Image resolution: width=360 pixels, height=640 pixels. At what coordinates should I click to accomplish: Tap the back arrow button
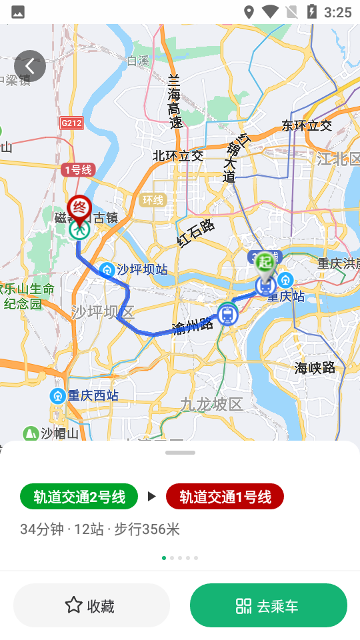[30, 66]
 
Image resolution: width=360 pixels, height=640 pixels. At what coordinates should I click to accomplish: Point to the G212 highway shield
[71, 123]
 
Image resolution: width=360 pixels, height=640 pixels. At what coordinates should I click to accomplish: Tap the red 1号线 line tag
[78, 169]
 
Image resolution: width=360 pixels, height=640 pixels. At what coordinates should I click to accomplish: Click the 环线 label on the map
[153, 200]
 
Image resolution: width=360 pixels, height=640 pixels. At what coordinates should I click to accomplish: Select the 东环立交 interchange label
[307, 125]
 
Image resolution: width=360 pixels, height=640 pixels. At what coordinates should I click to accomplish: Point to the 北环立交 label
[178, 156]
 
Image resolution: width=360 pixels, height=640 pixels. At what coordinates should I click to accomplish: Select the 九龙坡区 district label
[212, 404]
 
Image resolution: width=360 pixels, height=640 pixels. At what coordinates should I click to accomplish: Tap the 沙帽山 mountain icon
[31, 433]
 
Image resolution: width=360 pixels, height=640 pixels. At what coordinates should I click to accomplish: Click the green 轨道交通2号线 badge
[79, 496]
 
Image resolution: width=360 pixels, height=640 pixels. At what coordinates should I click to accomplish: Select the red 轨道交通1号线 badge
[225, 496]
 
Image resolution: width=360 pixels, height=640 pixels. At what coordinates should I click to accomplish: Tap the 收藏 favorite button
[91, 605]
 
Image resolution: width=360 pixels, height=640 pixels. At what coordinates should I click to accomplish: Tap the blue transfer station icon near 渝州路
[227, 313]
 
